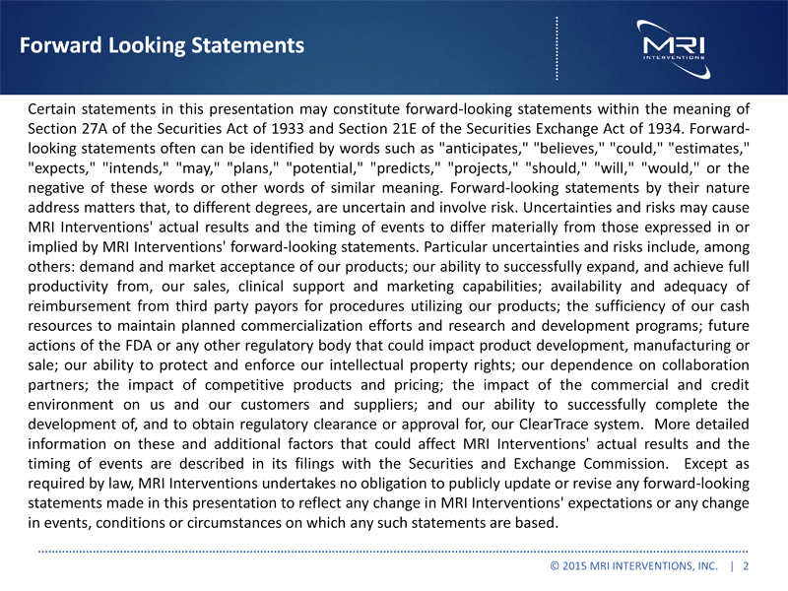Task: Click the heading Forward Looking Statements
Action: pyautogui.click(x=162, y=45)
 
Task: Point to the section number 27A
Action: pyautogui.click(x=105, y=128)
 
